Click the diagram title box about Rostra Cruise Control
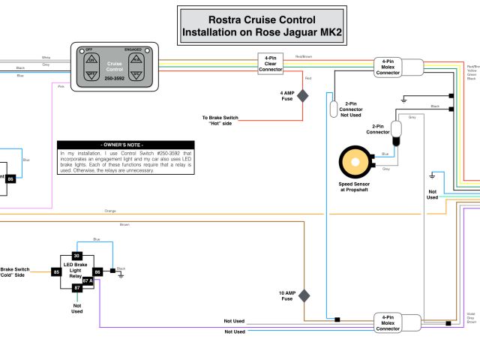coord(262,25)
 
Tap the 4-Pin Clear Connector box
coord(270,62)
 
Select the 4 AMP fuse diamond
coord(303,95)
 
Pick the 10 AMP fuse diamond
coord(303,295)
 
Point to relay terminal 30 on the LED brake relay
coord(76,256)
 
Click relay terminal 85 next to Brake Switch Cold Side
coord(56,271)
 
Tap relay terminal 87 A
coord(87,280)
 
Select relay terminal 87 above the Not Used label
coord(76,288)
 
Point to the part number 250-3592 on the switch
coord(114,78)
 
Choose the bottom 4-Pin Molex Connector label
coord(388,323)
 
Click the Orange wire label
coord(110,211)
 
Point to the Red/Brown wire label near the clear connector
coord(304,56)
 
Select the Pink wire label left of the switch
coord(60,85)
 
